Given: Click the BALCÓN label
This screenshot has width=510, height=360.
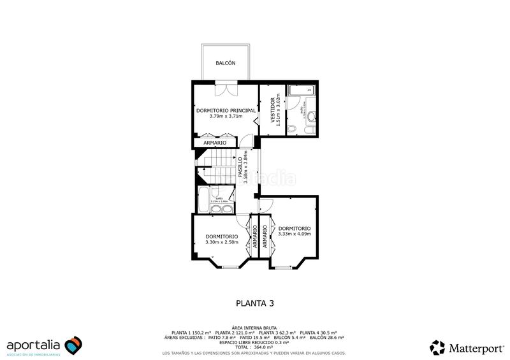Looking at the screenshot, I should [x=226, y=63].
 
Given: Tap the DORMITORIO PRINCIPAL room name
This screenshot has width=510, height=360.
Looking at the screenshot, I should [x=226, y=110].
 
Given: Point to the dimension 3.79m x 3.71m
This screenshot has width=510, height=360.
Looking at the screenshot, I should [x=226, y=117].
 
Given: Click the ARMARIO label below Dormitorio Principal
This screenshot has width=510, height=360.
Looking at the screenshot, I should [x=214, y=143].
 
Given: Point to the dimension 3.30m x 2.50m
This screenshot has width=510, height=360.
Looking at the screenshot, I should [x=221, y=242].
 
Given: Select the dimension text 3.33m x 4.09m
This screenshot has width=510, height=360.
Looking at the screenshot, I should [x=295, y=234].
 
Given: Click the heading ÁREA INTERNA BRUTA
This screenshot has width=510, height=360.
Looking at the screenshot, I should [x=254, y=327].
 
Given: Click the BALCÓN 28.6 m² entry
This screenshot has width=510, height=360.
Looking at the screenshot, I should [x=327, y=338].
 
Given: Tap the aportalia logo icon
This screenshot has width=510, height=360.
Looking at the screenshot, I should [x=73, y=345].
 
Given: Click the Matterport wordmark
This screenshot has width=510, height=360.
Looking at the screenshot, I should [x=476, y=348].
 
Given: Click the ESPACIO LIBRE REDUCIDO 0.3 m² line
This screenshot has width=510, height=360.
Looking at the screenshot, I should [x=254, y=342].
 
